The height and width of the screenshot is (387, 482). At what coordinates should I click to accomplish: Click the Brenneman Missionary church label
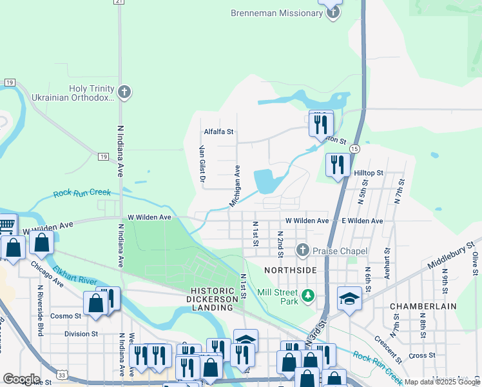tap(276, 14)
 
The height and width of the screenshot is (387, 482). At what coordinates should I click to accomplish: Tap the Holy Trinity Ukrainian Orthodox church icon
tap(125, 94)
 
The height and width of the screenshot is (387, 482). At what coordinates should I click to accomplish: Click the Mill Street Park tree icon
tap(309, 296)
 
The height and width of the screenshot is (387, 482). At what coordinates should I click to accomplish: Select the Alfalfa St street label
tap(218, 132)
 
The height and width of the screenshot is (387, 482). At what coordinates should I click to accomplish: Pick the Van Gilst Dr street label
tap(202, 165)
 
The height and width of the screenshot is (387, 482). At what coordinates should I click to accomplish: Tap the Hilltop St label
tap(369, 174)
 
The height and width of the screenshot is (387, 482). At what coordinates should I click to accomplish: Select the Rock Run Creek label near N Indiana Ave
tap(82, 193)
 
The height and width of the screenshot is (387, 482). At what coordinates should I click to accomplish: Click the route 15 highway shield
tap(354, 149)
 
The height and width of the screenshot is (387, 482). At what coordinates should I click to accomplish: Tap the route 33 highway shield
tap(61, 373)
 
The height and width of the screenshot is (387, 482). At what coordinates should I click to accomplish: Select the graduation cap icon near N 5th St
tap(349, 299)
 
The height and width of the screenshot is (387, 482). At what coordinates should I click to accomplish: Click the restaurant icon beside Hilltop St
tap(337, 166)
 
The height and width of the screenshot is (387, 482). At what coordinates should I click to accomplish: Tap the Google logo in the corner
tap(21, 379)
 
